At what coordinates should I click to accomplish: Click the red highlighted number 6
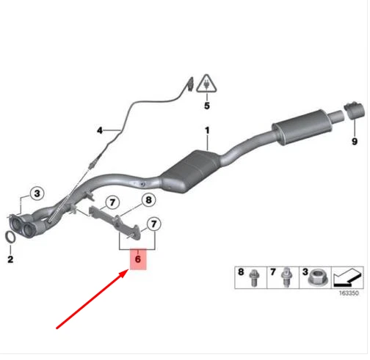[x=137, y=260]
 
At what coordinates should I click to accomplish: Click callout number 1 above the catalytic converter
[x=207, y=133]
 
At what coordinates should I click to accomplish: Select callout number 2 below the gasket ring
[x=10, y=259]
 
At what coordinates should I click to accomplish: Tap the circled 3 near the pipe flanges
[x=38, y=194]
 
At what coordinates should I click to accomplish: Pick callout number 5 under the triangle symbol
[x=207, y=106]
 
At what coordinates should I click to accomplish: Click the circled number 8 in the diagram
[x=147, y=199]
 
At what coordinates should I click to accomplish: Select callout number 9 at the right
[x=353, y=141]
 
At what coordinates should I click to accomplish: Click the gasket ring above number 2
[x=11, y=238]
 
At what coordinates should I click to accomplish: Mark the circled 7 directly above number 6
[x=155, y=224]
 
